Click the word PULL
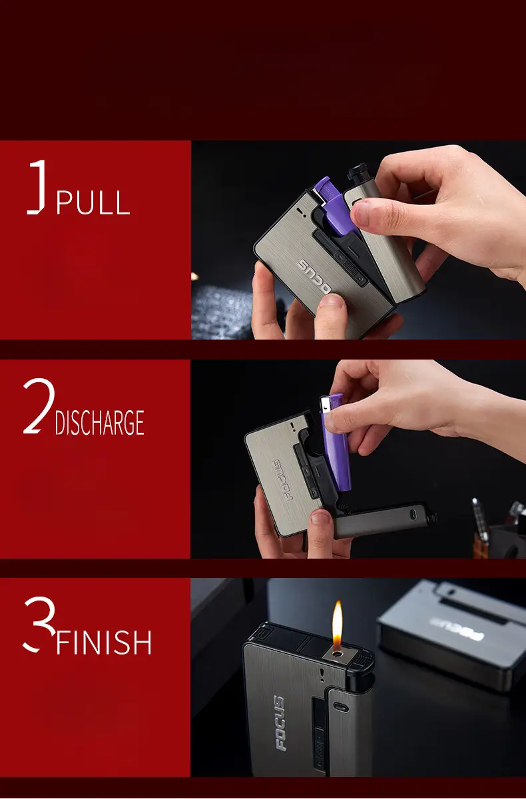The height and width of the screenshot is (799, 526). point(93,202)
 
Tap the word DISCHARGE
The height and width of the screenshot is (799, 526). point(99,422)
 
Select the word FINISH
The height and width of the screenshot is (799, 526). point(104,643)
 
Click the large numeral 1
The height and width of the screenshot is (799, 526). point(37,187)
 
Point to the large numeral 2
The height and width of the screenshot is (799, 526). point(39,406)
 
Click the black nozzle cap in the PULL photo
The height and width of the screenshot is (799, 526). point(358,172)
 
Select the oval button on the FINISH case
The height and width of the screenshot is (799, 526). point(340,707)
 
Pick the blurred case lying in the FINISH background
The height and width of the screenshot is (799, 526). point(451,634)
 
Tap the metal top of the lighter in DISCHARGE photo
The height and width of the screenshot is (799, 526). point(325,404)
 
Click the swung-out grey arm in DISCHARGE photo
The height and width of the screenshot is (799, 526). point(384,520)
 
